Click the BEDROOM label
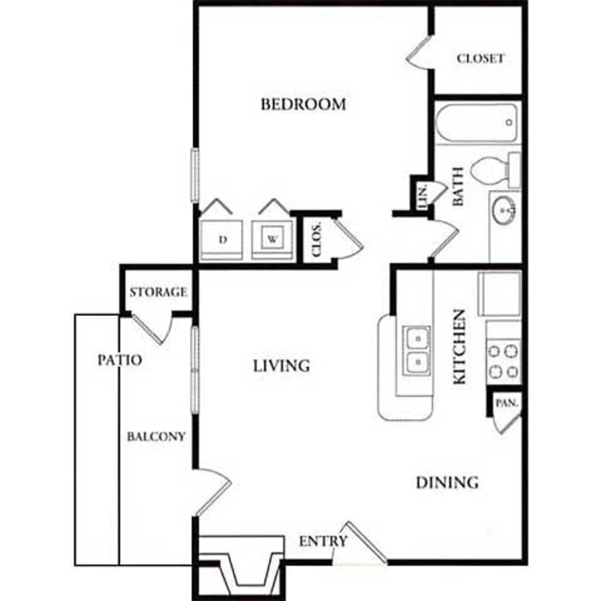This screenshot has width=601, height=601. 303,104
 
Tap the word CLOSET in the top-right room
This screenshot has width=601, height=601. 480,58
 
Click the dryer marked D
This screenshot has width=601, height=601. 221,240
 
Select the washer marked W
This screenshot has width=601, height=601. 272,240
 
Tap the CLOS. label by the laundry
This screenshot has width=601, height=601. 316,239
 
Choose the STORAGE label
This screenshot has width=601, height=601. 158,292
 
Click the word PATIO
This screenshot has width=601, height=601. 120,360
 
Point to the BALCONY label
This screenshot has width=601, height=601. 156,437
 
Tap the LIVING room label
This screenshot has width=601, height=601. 281,366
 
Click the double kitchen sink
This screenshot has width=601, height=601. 416,351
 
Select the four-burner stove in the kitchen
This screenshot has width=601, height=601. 503,362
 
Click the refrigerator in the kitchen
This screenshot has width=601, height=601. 500,294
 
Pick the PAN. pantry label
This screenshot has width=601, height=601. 507,403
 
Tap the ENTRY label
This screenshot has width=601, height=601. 323,541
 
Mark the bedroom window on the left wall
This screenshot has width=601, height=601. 195,175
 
